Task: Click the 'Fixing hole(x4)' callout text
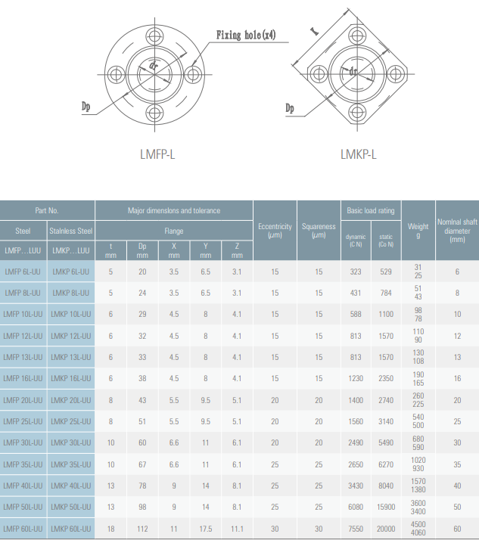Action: pos(246,35)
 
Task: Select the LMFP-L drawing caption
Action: pos(157,154)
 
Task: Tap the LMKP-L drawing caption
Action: pos(359,154)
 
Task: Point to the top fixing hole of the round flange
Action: pos(154,36)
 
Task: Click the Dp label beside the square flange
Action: pos(290,108)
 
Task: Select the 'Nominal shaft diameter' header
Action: pos(457,231)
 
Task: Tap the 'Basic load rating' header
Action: pos(371,210)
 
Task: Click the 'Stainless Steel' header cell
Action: pos(70,231)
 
